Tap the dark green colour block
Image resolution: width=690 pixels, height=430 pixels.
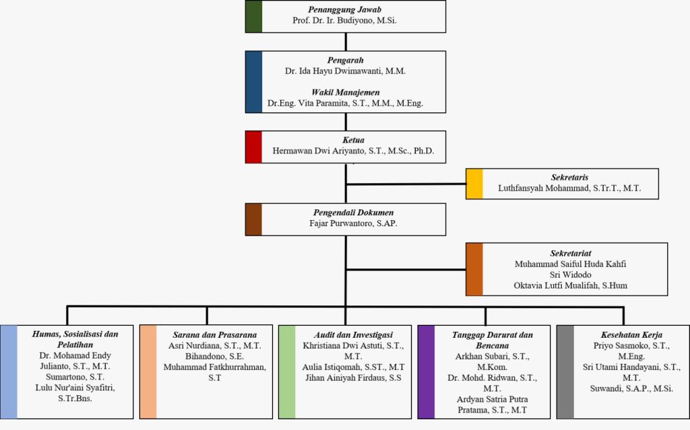253,16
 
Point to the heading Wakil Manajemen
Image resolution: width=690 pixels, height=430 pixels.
345,92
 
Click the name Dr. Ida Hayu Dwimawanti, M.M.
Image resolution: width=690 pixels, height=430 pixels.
345,70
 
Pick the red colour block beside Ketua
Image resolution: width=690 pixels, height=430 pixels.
253,147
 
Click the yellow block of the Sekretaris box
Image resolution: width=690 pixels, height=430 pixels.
474,184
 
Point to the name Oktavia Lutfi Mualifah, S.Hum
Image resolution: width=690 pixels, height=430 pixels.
570,286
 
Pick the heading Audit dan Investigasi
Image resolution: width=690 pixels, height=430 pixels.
353,334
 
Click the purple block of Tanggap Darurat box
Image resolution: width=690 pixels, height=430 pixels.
426,371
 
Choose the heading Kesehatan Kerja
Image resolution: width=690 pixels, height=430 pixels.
631,334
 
